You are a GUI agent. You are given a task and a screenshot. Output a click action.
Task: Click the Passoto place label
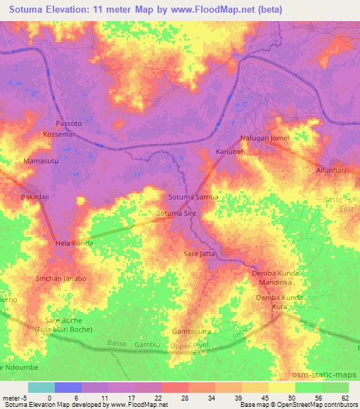pyautogui.click(x=68, y=122)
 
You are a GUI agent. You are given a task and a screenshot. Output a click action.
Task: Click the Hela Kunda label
pyautogui.click(x=74, y=244)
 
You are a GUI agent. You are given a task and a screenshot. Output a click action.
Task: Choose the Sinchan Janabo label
pyautogui.click(x=61, y=278)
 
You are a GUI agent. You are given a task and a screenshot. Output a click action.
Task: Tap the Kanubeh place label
pyautogui.click(x=229, y=152)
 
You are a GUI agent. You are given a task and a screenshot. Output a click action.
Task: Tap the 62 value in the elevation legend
pyautogui.click(x=345, y=398)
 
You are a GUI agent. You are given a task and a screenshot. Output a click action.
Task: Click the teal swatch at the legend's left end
pyautogui.click(x=41, y=387)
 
